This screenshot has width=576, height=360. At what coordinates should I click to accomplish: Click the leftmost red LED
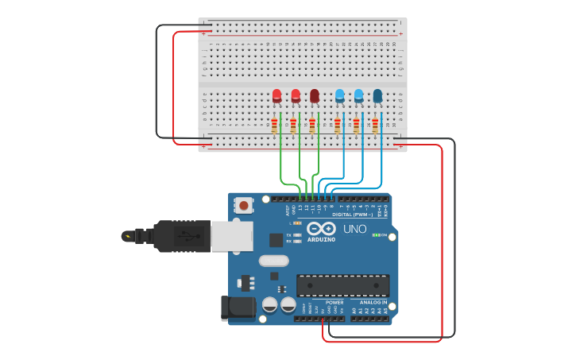[276, 95]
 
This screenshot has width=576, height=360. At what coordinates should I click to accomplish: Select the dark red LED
[315, 95]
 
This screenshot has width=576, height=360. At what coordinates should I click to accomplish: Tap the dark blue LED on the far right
[377, 95]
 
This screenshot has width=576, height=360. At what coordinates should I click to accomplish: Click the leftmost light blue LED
[340, 95]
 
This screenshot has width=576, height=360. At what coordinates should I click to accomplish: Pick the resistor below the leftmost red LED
[274, 126]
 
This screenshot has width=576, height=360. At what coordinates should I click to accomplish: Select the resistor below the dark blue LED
[375, 126]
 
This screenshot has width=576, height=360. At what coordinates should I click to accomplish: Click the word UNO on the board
[354, 230]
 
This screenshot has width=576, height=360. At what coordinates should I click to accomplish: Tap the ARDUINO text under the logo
[322, 239]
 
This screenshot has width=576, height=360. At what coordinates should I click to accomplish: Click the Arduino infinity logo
[322, 228]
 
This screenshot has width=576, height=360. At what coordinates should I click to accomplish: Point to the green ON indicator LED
[376, 235]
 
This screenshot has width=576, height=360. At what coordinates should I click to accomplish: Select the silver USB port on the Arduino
[231, 236]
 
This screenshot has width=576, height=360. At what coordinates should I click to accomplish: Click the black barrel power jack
[238, 308]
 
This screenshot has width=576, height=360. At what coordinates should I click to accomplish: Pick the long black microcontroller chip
[343, 285]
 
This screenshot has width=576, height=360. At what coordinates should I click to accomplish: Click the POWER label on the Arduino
[334, 303]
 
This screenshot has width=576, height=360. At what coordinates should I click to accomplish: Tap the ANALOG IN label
[373, 303]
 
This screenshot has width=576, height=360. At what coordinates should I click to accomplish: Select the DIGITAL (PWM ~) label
[354, 215]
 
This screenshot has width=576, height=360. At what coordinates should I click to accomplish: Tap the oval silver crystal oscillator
[273, 261]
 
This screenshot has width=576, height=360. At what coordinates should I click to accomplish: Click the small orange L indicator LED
[297, 223]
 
